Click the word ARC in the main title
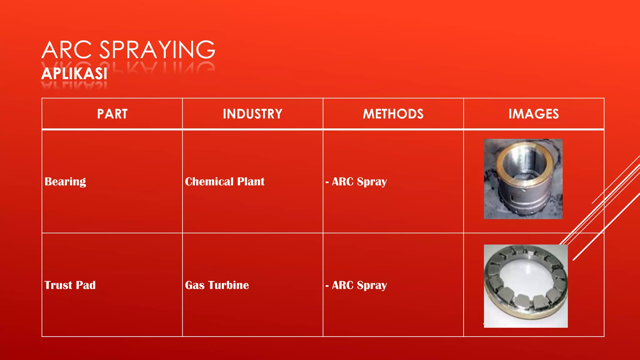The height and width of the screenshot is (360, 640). tap(67, 50)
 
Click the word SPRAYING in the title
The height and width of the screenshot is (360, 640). tap(157, 50)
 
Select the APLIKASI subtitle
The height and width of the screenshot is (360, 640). tap(74, 74)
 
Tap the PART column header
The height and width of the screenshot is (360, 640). tap(112, 114)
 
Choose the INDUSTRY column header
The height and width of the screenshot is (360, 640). tap(252, 114)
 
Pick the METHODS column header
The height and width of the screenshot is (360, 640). tap(393, 114)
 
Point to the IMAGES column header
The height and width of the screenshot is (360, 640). tap(533, 114)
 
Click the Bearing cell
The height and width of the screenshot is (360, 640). tap(65, 182)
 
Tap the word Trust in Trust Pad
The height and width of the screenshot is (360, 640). tap(58, 285)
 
